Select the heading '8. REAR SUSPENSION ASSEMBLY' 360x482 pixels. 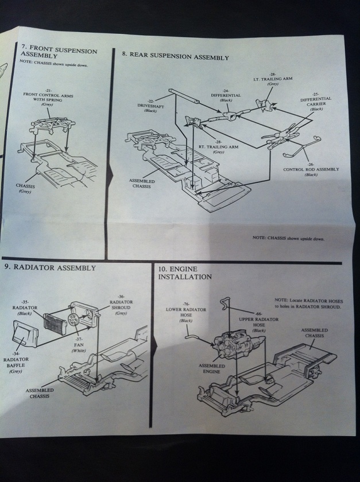[175, 57]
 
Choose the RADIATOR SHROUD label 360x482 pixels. [121, 307]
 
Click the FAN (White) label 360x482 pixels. [78, 344]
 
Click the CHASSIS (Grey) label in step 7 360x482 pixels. [25, 188]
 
